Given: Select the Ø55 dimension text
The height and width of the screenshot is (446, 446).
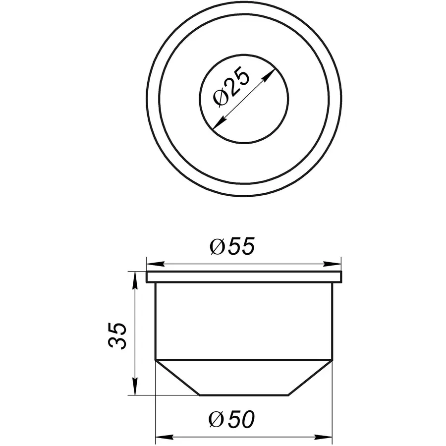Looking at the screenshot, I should (231, 247).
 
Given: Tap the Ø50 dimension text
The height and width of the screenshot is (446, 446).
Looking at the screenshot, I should (231, 421).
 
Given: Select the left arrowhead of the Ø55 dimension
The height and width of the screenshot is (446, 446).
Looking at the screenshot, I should (152, 264).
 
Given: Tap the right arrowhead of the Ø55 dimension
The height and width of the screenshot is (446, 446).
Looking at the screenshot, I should (336, 264).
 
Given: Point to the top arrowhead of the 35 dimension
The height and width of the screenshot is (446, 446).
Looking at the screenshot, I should (135, 278).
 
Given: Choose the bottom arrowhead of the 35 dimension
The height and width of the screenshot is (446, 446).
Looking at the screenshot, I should (135, 390).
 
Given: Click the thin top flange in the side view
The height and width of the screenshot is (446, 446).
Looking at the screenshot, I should (244, 277).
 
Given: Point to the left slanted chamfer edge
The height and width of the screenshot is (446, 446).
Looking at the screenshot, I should (177, 378).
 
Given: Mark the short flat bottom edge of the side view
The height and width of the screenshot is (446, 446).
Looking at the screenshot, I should (244, 395).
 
